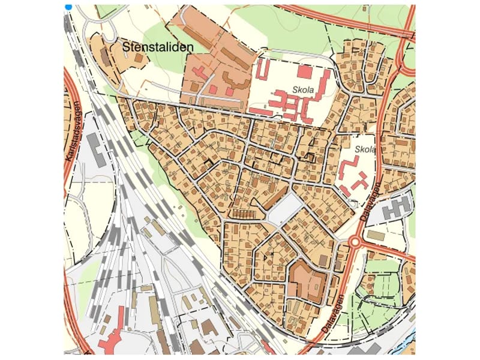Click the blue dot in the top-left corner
point(68,7)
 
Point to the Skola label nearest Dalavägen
point(365,149)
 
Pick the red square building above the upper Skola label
point(305,72)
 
